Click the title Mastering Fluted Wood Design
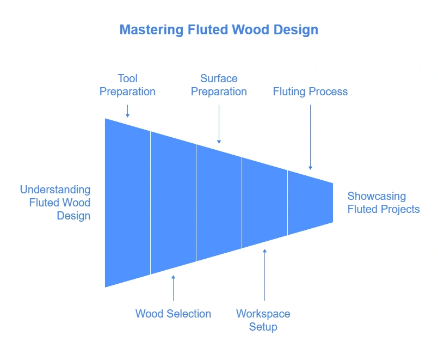(219, 29)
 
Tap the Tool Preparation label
(127, 85)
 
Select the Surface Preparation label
(219, 85)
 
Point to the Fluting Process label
(310, 91)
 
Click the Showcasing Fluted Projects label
(384, 203)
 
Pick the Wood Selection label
(173, 314)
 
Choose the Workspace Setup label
(263, 320)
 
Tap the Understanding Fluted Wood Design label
(55, 203)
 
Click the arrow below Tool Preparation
(127, 111)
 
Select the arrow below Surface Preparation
(219, 124)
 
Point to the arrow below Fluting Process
(310, 137)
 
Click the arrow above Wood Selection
(173, 288)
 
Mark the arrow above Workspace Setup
(264, 275)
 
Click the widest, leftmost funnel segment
(127, 203)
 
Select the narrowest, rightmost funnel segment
(310, 203)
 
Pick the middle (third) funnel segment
(219, 203)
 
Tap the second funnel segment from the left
(173, 203)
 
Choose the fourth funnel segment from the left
(264, 203)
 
